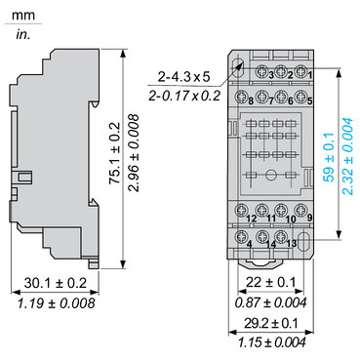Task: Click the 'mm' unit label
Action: point(26,15)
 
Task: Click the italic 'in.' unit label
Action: point(23,35)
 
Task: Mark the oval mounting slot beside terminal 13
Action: point(303,240)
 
